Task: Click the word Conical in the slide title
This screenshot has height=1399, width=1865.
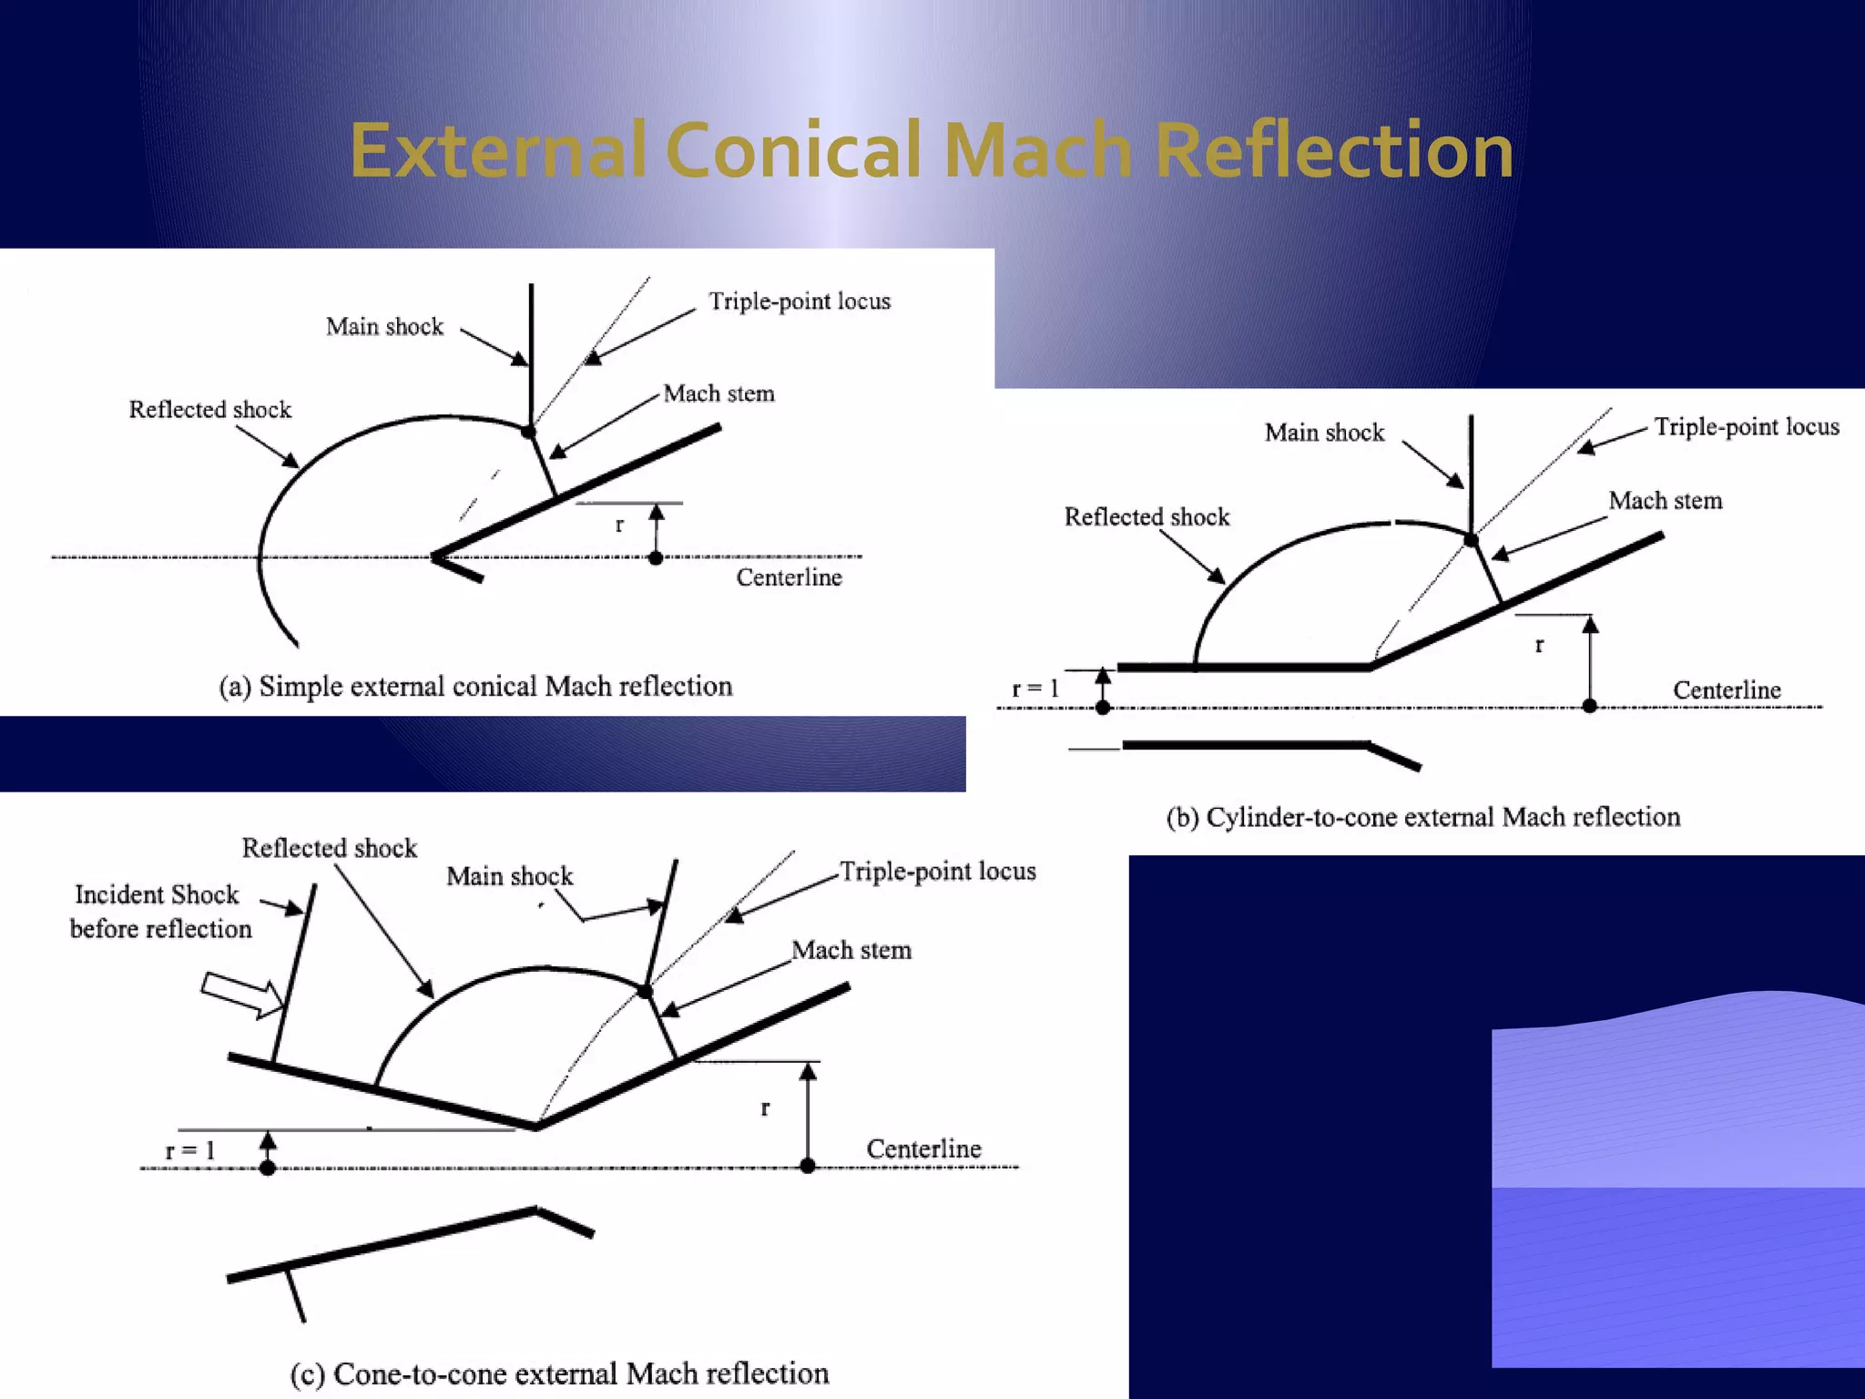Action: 793,150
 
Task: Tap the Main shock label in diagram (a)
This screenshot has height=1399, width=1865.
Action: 384,327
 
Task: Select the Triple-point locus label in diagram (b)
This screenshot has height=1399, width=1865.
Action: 1746,427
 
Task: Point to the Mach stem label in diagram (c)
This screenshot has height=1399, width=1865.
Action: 851,950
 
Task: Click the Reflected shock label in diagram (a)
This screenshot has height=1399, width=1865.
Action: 210,410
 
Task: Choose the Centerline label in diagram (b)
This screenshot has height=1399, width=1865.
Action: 1727,690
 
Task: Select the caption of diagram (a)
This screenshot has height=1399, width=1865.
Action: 475,686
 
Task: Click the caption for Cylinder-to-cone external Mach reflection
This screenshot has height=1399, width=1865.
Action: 1422,817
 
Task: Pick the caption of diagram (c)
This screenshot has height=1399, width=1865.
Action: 559,1373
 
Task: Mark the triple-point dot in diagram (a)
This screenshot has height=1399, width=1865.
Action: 528,431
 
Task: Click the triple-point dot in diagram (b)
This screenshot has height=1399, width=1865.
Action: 1471,540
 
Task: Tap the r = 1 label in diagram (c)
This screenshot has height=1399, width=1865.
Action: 189,1150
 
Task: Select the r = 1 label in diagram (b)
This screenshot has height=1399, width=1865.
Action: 1035,689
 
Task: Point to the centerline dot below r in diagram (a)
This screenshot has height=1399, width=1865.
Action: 656,557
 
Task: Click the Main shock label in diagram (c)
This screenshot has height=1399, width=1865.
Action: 509,876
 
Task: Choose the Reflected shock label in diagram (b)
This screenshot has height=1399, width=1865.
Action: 1147,517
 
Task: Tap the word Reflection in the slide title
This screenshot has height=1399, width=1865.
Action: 1334,150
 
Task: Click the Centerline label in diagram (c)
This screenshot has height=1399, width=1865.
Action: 923,1149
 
